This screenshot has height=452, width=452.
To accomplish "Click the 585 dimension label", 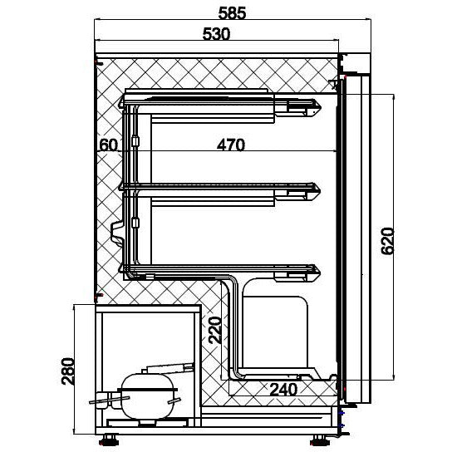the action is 232,13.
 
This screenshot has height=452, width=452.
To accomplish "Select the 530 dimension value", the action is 217,34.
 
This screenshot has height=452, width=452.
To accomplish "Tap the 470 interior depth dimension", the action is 231,145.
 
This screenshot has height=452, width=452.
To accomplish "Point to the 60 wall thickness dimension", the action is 108,145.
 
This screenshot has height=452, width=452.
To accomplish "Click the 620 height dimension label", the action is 387,241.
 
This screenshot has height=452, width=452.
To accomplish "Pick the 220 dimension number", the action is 214,330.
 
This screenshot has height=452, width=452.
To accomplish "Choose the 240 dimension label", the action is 283,390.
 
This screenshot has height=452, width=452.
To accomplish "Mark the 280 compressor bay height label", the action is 68,371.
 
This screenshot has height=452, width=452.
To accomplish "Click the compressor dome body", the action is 147,395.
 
